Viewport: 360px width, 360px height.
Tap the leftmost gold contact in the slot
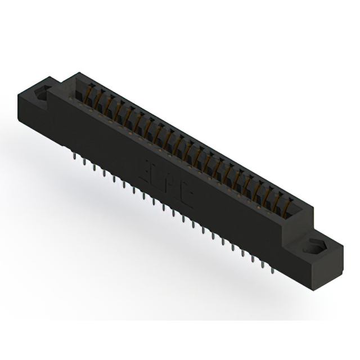coord(90,93)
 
